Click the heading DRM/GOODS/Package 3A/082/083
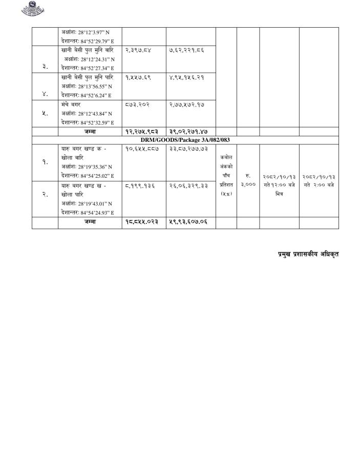pyautogui.click(x=185, y=140)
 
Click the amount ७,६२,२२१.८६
pyautogui.click(x=186, y=50)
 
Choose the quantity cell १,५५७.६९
pyautogui.click(x=138, y=77)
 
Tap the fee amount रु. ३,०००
pyautogui.click(x=248, y=181)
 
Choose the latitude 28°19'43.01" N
pyautogui.click(x=87, y=204)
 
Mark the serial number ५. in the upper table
pyautogui.click(x=45, y=113)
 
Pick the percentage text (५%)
pyautogui.click(x=226, y=194)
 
